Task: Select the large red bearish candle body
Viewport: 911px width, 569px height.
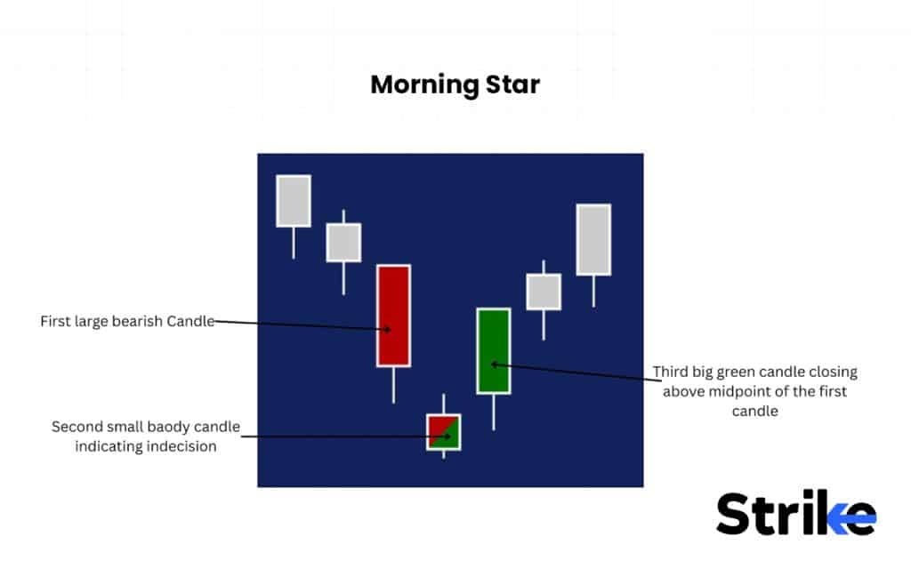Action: pyautogui.click(x=392, y=316)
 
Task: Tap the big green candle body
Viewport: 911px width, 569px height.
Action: pyautogui.click(x=493, y=350)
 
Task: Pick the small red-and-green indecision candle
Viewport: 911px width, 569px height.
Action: pyautogui.click(x=443, y=431)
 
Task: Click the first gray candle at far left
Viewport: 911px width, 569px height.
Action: pyautogui.click(x=294, y=201)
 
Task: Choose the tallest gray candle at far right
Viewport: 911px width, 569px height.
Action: pyautogui.click(x=593, y=239)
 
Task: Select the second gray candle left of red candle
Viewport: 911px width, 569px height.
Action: pyautogui.click(x=343, y=242)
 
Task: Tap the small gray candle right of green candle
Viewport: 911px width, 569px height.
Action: pyautogui.click(x=543, y=292)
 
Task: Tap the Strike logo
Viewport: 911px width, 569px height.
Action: pyautogui.click(x=795, y=513)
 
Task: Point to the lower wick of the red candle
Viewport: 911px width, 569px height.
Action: pyautogui.click(x=392, y=384)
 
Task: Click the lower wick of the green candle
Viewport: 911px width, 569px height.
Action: pyautogui.click(x=493, y=412)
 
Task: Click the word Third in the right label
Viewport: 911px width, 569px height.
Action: pyautogui.click(x=672, y=372)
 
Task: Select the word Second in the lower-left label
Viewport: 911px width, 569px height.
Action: pyautogui.click(x=75, y=427)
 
